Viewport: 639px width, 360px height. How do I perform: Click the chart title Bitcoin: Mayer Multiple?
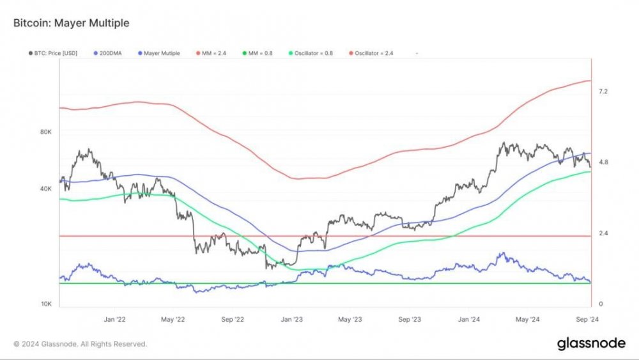click(x=71, y=23)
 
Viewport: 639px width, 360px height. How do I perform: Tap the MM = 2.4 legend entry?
click(x=213, y=53)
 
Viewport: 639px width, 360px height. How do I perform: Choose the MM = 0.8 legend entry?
click(x=259, y=53)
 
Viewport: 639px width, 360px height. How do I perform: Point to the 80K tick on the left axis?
click(x=45, y=132)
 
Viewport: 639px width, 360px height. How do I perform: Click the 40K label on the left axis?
click(x=45, y=189)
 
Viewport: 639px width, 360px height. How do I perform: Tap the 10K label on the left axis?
click(x=45, y=304)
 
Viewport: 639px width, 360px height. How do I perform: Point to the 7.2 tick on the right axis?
click(x=603, y=92)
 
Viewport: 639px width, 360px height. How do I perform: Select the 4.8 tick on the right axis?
click(x=603, y=162)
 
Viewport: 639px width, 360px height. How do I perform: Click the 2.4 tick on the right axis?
click(x=603, y=233)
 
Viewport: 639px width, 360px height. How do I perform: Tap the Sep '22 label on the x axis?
click(x=233, y=318)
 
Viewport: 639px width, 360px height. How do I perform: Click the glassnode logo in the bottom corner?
click(x=591, y=343)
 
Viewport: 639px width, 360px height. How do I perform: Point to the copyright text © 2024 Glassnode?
click(x=81, y=344)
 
